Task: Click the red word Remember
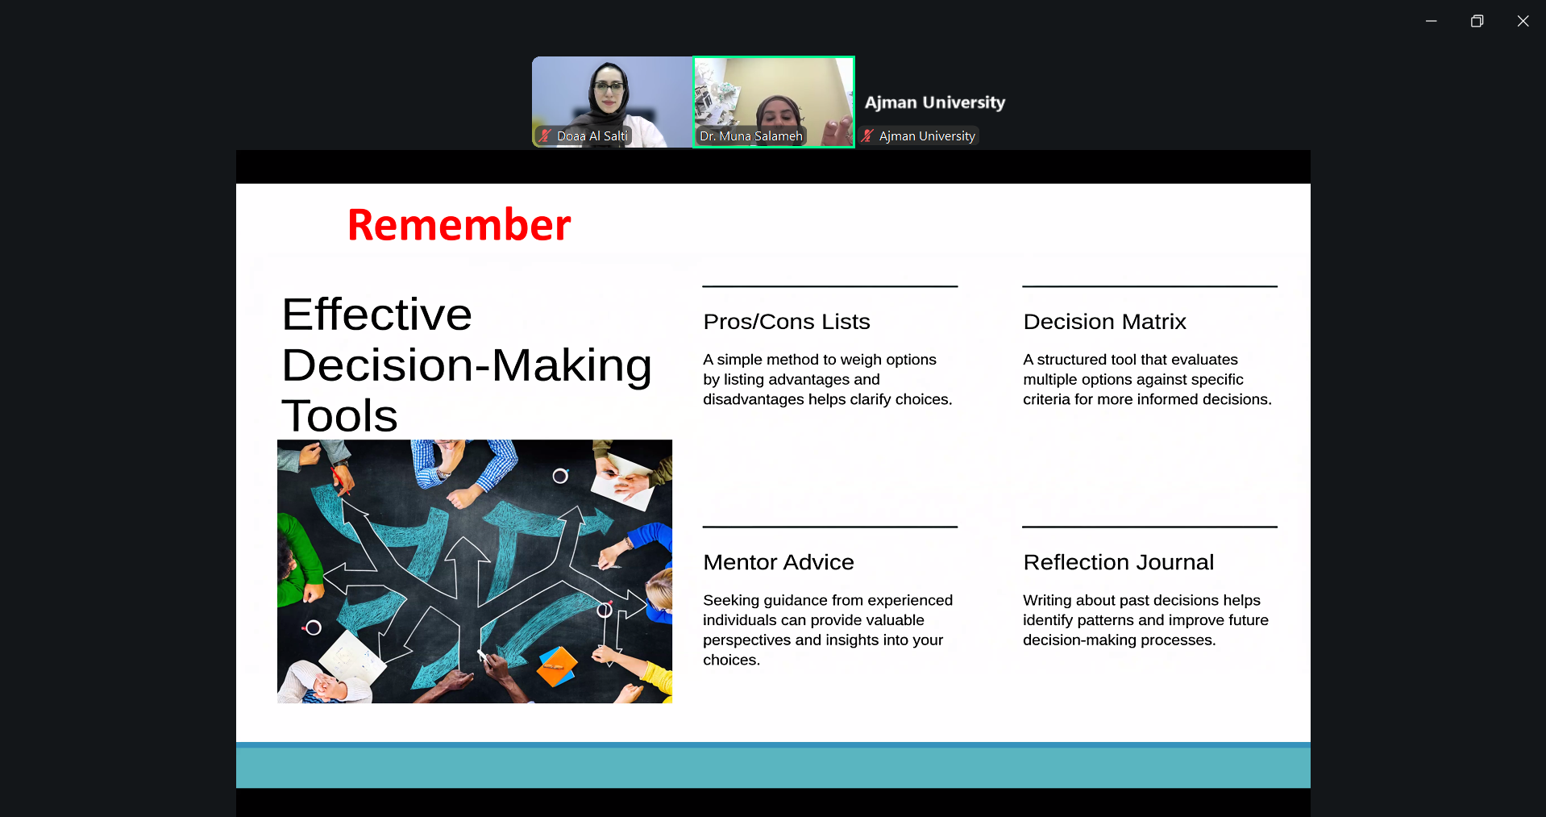(459, 224)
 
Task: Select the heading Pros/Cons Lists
(787, 322)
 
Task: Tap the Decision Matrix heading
(1104, 322)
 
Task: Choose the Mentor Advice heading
(778, 562)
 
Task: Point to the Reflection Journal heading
(1118, 562)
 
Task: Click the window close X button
(1523, 21)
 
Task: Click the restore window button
(1477, 21)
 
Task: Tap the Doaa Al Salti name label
(592, 136)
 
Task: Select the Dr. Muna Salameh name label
(751, 136)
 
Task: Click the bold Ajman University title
(935, 102)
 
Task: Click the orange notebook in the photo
(557, 666)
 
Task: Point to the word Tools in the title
(339, 415)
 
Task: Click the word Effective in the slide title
(376, 314)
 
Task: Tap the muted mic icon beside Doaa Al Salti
(545, 135)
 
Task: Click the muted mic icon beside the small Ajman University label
(867, 135)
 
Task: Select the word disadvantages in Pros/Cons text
(754, 399)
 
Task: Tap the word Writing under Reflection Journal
(1047, 600)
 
